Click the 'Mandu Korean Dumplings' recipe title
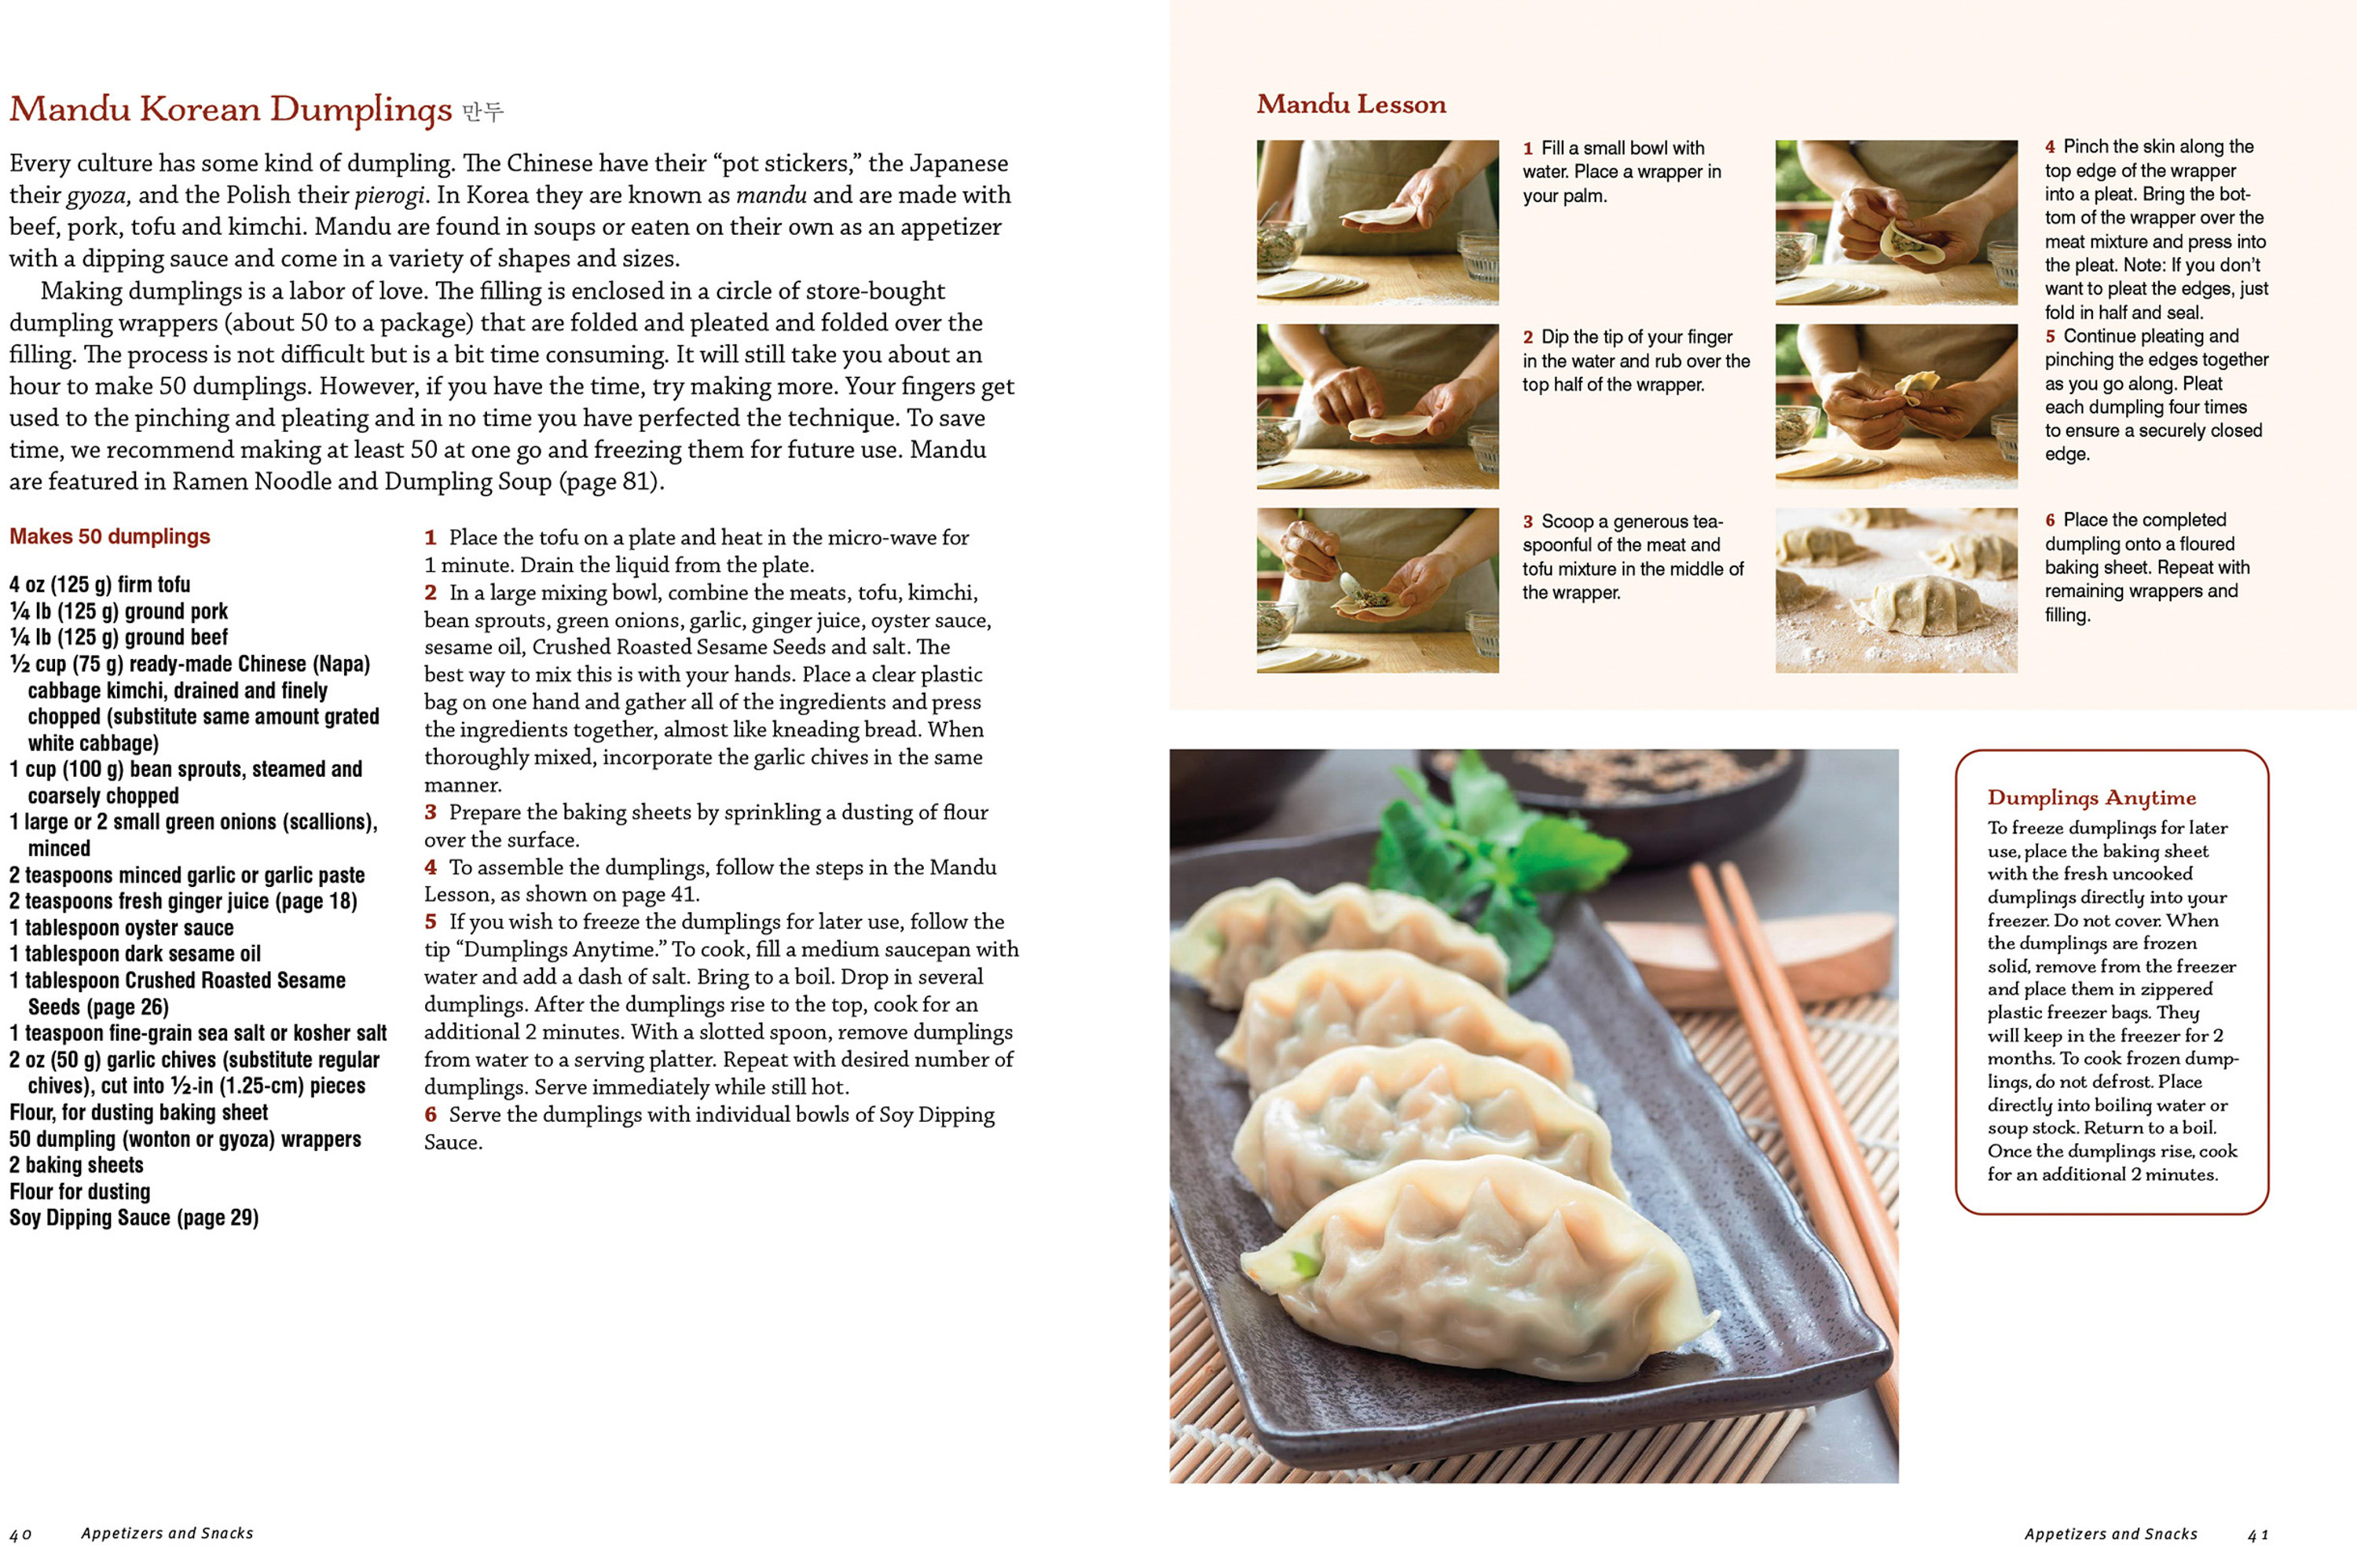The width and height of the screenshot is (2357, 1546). coord(231,109)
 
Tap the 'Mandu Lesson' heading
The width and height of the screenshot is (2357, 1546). coord(1351,104)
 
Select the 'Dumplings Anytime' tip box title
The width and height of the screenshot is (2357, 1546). coord(2091,798)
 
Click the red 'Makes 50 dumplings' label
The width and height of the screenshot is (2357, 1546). coord(110,537)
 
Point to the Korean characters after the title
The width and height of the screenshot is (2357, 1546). coord(483,111)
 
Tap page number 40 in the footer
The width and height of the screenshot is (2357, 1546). coord(20,1534)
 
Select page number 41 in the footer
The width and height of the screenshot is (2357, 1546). coord(2258,1534)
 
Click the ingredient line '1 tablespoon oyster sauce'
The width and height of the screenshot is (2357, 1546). coord(122,928)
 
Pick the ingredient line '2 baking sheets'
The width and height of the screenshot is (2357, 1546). coord(76,1165)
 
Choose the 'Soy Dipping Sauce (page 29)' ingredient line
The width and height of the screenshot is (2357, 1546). coord(134,1217)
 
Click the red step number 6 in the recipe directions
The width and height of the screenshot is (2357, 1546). coord(431,1114)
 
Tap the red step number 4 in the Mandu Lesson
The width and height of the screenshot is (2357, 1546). coord(2050,147)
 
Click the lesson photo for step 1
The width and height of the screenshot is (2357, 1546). coord(1377,222)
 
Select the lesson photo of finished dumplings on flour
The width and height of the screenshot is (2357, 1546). coord(1897,590)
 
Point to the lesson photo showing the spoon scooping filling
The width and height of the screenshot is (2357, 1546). coord(1377,590)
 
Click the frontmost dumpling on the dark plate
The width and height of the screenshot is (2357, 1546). coord(1475,1273)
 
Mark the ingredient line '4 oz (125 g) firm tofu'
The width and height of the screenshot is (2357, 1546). coord(100,584)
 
